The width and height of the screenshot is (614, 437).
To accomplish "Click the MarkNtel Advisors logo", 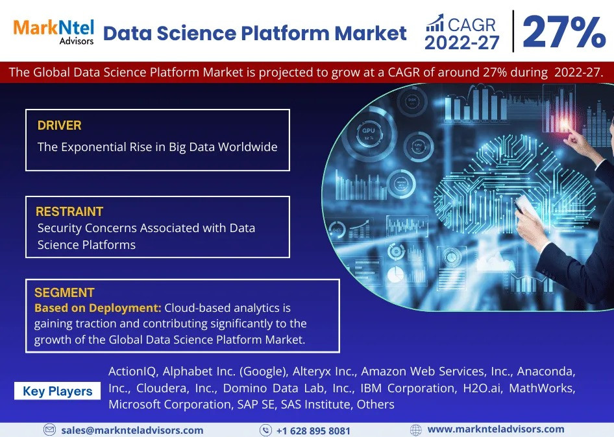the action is tap(54, 32).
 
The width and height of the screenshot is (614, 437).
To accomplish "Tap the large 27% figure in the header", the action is tap(564, 32).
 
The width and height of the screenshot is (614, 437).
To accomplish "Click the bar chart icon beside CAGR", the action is tap(435, 23).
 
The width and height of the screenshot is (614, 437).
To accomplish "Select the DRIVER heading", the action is tap(60, 125).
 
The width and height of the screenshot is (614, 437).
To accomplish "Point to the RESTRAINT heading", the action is tap(69, 211).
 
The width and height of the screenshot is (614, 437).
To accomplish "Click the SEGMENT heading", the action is tap(64, 292).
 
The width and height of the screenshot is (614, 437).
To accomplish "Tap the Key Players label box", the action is tap(58, 391).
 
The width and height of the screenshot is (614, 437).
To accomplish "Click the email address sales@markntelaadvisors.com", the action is tap(132, 431).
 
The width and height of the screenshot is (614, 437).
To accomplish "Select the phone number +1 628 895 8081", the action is tap(313, 431).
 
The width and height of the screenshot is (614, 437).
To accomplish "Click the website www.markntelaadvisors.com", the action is tap(496, 429).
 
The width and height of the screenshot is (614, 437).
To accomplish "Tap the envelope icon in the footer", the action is tap(49, 430).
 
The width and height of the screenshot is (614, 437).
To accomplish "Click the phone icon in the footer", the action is tap(265, 431).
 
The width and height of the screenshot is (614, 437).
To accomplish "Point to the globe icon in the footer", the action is tap(416, 430).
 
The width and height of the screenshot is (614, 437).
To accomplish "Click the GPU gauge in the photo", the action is tap(369, 133).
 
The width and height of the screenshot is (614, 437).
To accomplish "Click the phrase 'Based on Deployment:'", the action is tap(98, 308).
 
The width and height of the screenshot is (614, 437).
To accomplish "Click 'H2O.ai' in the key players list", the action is tap(482, 388).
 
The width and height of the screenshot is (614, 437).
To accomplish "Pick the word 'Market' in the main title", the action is tap(371, 33).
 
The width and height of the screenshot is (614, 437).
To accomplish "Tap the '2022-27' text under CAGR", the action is tap(462, 43).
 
